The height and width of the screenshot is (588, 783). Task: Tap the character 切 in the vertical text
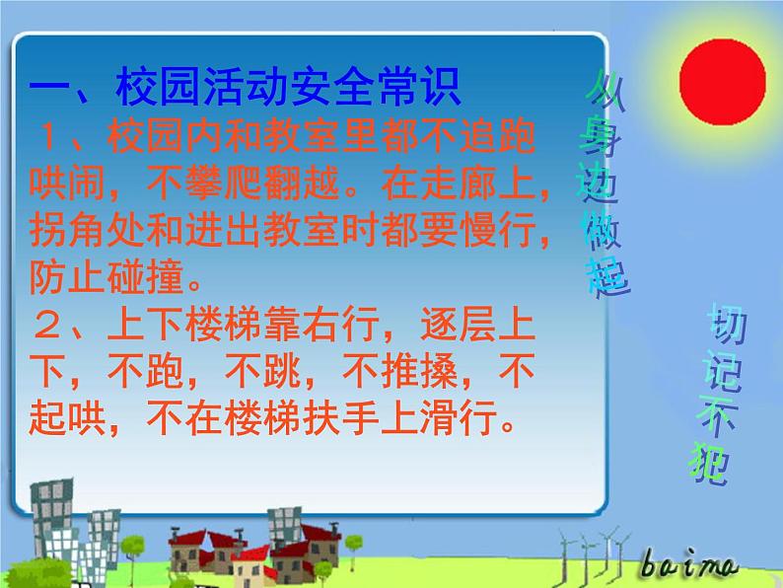pos(725,326)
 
